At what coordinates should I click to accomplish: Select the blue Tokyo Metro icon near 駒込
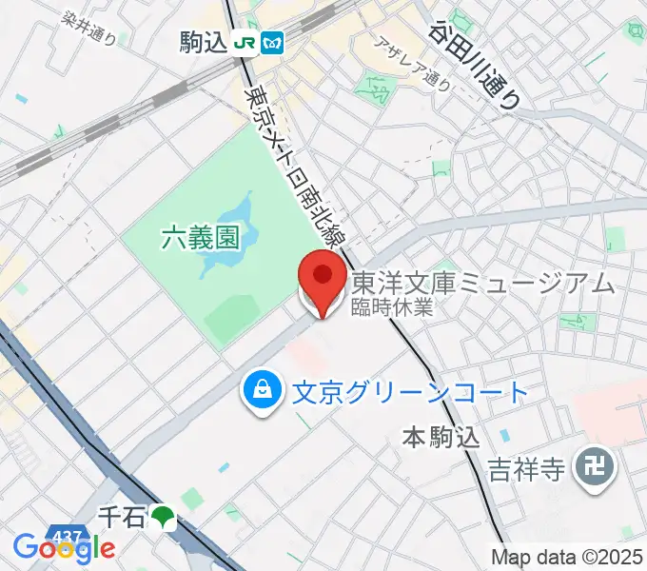[x=274, y=43]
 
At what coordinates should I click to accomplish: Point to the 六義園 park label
[x=200, y=237]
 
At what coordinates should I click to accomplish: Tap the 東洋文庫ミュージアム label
[x=483, y=283]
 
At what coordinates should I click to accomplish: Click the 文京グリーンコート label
[x=408, y=391]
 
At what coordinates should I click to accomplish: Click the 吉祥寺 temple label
[x=528, y=468]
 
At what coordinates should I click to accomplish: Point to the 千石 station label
[x=122, y=517]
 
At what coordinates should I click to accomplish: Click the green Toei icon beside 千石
[x=164, y=517]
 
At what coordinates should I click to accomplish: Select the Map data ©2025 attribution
[x=566, y=557]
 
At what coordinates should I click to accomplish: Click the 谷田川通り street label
[x=477, y=64]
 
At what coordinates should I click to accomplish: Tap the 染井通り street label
[x=88, y=29]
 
